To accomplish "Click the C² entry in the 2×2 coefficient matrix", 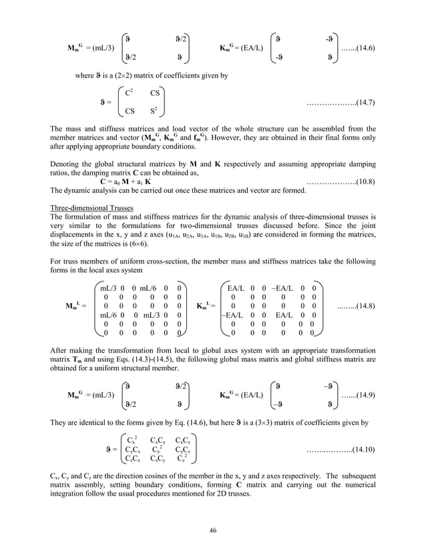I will pyautogui.click(x=132, y=92).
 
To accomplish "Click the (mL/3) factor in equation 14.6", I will pyautogui.click(x=105, y=49).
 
